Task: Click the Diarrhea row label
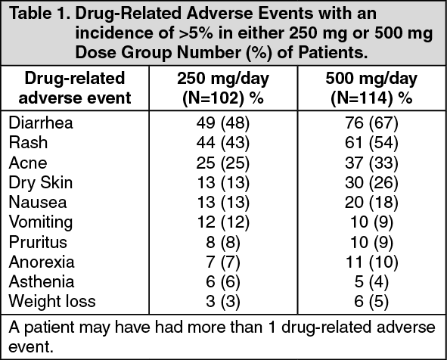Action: click(x=41, y=123)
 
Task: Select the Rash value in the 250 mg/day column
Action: click(x=223, y=142)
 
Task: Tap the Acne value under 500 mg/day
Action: click(x=371, y=163)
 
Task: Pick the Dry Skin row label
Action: click(x=41, y=183)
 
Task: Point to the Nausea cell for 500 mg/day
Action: click(x=371, y=203)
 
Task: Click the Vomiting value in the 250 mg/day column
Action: click(x=223, y=222)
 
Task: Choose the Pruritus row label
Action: click(x=38, y=242)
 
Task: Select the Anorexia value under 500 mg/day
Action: click(x=371, y=262)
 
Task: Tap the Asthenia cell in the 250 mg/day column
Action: click(x=223, y=281)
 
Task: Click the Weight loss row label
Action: click(x=52, y=301)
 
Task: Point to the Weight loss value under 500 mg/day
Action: click(x=371, y=301)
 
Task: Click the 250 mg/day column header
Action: click(x=223, y=88)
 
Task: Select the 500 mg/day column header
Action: click(x=371, y=88)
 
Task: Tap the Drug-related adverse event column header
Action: click(x=75, y=88)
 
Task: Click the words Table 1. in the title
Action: click(x=39, y=14)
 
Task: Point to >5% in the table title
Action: click(x=196, y=33)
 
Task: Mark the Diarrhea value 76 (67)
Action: click(x=371, y=123)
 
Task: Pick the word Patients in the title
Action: click(x=333, y=52)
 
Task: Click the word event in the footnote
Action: click(x=31, y=347)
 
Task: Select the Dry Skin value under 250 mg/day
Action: click(x=223, y=183)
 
